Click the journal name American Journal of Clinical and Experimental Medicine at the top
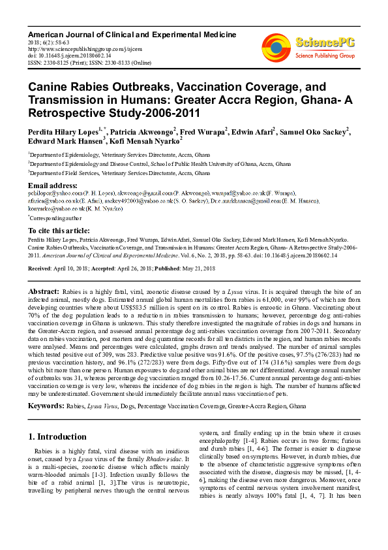tap(132, 34)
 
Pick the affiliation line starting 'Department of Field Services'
tap(120, 173)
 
